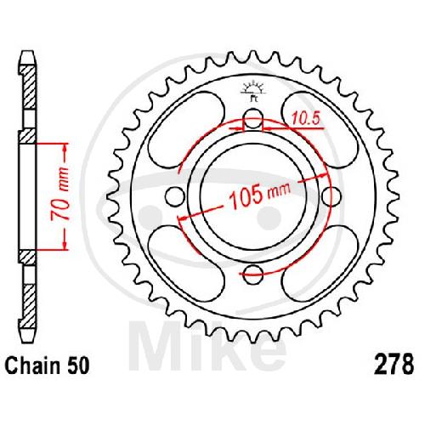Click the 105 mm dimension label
[260, 195]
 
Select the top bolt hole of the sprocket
[253, 119]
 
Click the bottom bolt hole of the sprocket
[253, 275]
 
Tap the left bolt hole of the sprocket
[175, 196]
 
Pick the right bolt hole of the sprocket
[331, 196]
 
